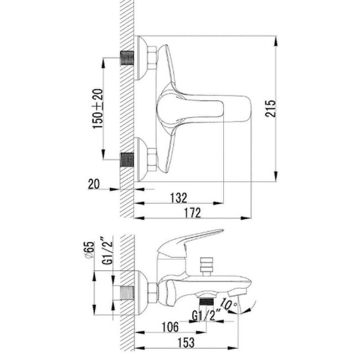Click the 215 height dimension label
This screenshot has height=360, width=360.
[x=271, y=109]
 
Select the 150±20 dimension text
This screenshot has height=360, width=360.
[x=97, y=109]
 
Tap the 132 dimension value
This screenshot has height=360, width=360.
[x=179, y=198]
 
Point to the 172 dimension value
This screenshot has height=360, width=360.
[x=192, y=213]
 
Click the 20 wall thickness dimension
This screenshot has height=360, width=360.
[x=94, y=184]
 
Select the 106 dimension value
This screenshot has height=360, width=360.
[x=170, y=327]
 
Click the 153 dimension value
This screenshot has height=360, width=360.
[x=186, y=342]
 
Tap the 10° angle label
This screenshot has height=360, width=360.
[x=228, y=304]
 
